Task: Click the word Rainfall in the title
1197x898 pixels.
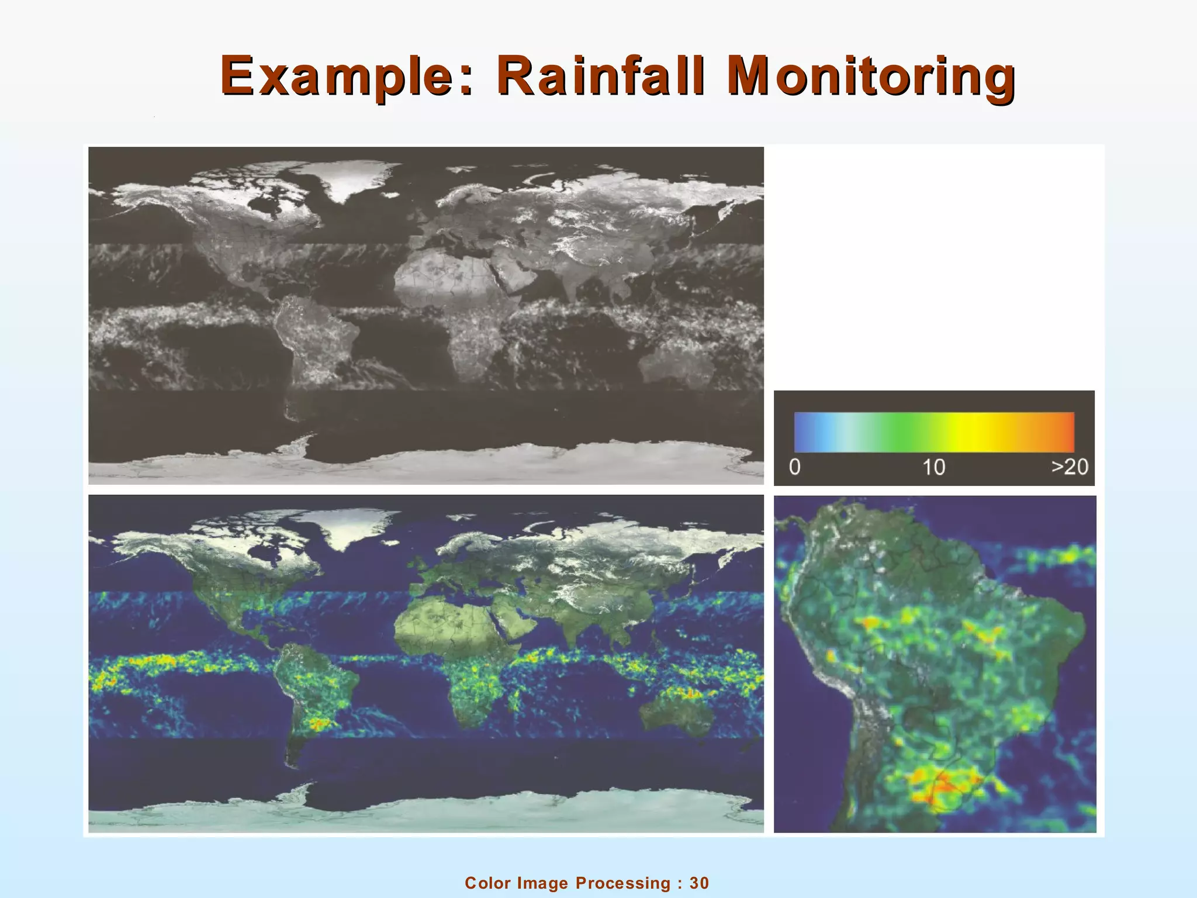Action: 601,76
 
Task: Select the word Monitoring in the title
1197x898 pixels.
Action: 870,76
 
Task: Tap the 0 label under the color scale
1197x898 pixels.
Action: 795,467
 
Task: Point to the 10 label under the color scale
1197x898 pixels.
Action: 933,467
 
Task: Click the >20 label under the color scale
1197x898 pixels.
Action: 1070,467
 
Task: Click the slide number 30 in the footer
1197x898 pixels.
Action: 700,883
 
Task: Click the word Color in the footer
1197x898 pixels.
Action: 487,883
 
